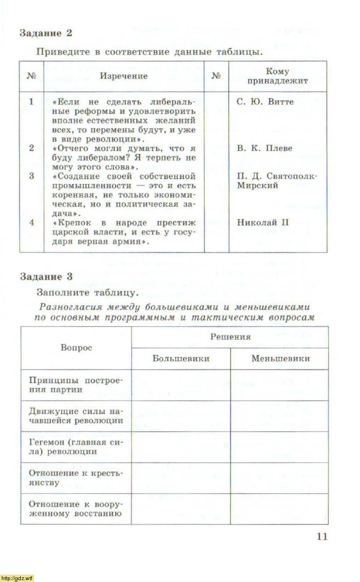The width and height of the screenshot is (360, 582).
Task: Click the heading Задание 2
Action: (x=46, y=33)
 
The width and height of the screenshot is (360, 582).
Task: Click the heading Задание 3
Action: (x=46, y=277)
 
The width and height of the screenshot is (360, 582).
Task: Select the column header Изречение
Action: (x=124, y=76)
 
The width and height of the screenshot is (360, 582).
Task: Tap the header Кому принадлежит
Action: (x=277, y=76)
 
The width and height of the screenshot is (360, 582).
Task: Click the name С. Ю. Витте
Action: (x=265, y=102)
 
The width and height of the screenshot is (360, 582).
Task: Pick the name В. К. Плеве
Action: (x=265, y=148)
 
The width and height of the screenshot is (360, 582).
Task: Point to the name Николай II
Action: (x=263, y=222)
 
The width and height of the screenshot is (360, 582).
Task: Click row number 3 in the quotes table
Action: (x=31, y=176)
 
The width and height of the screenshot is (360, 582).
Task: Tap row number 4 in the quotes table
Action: (x=31, y=222)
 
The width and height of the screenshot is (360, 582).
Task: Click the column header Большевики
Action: (x=181, y=358)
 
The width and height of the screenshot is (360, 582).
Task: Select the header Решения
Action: (x=230, y=337)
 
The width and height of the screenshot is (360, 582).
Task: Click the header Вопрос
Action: (x=76, y=348)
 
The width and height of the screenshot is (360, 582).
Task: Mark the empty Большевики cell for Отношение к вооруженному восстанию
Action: (x=181, y=509)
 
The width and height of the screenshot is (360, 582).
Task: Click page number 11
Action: (x=321, y=536)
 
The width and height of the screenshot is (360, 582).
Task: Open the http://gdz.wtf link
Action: (x=17, y=578)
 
